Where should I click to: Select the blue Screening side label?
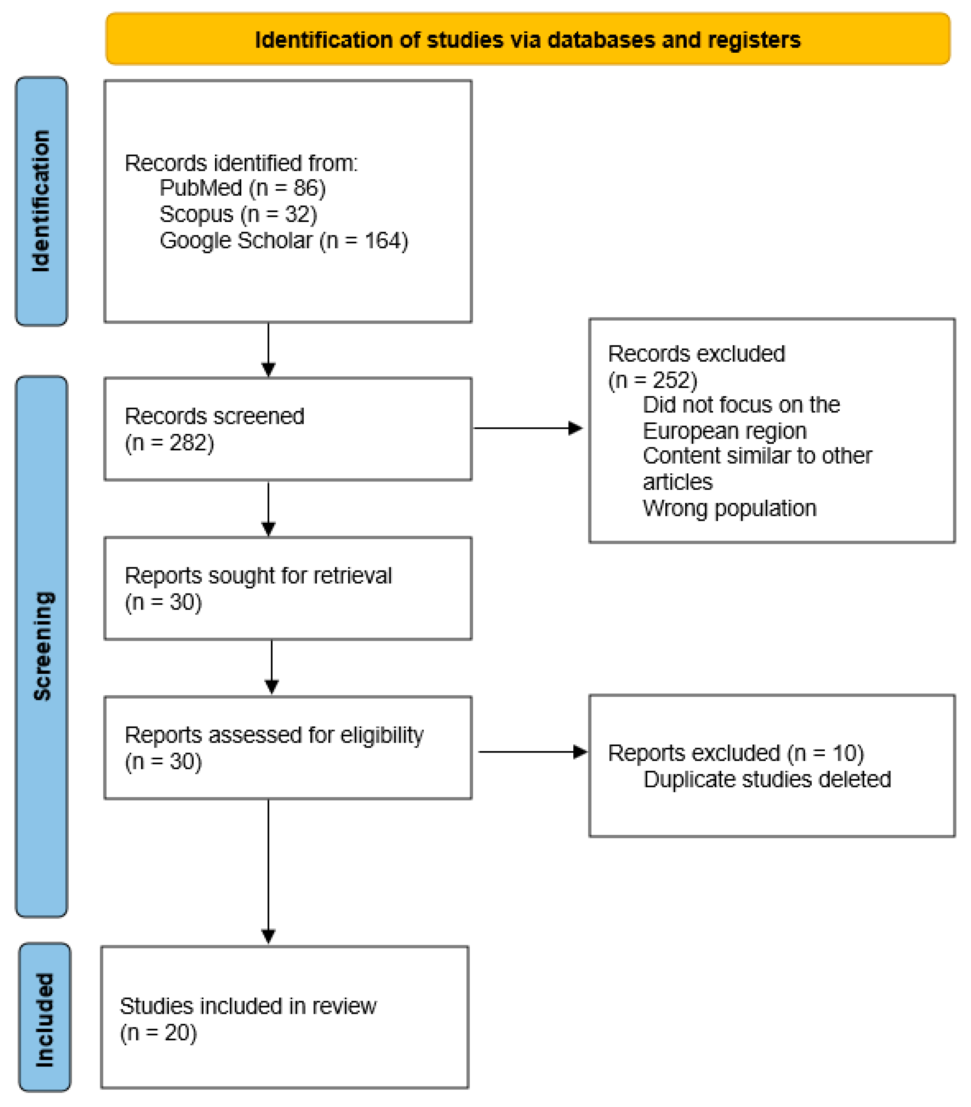[42, 646]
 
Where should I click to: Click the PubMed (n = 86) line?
[242, 188]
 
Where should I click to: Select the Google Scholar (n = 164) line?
[283, 241]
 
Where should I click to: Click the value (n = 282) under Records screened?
[170, 443]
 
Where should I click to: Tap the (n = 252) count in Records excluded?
[652, 380]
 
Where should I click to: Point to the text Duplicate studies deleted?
[767, 779]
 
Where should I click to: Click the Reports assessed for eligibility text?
[274, 735]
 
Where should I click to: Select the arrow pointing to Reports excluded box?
[532, 752]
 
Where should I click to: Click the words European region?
[724, 431]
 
